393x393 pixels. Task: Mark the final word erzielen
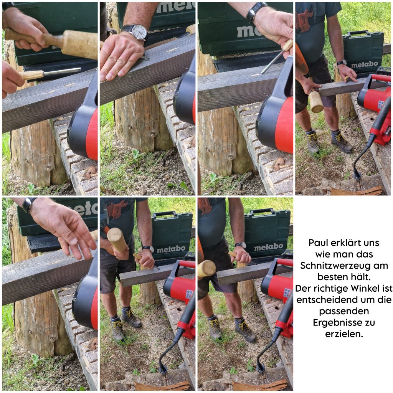tap(344, 334)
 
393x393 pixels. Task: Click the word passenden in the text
tap(344, 312)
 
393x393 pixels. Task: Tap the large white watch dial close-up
tap(139, 32)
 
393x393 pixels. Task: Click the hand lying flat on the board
tap(121, 58)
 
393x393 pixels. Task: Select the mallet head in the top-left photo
tap(79, 45)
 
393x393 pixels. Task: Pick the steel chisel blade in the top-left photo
tap(62, 72)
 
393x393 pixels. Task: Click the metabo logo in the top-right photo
tap(365, 65)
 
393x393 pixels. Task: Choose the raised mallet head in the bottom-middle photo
tap(117, 239)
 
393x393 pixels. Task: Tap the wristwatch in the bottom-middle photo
tap(149, 248)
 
